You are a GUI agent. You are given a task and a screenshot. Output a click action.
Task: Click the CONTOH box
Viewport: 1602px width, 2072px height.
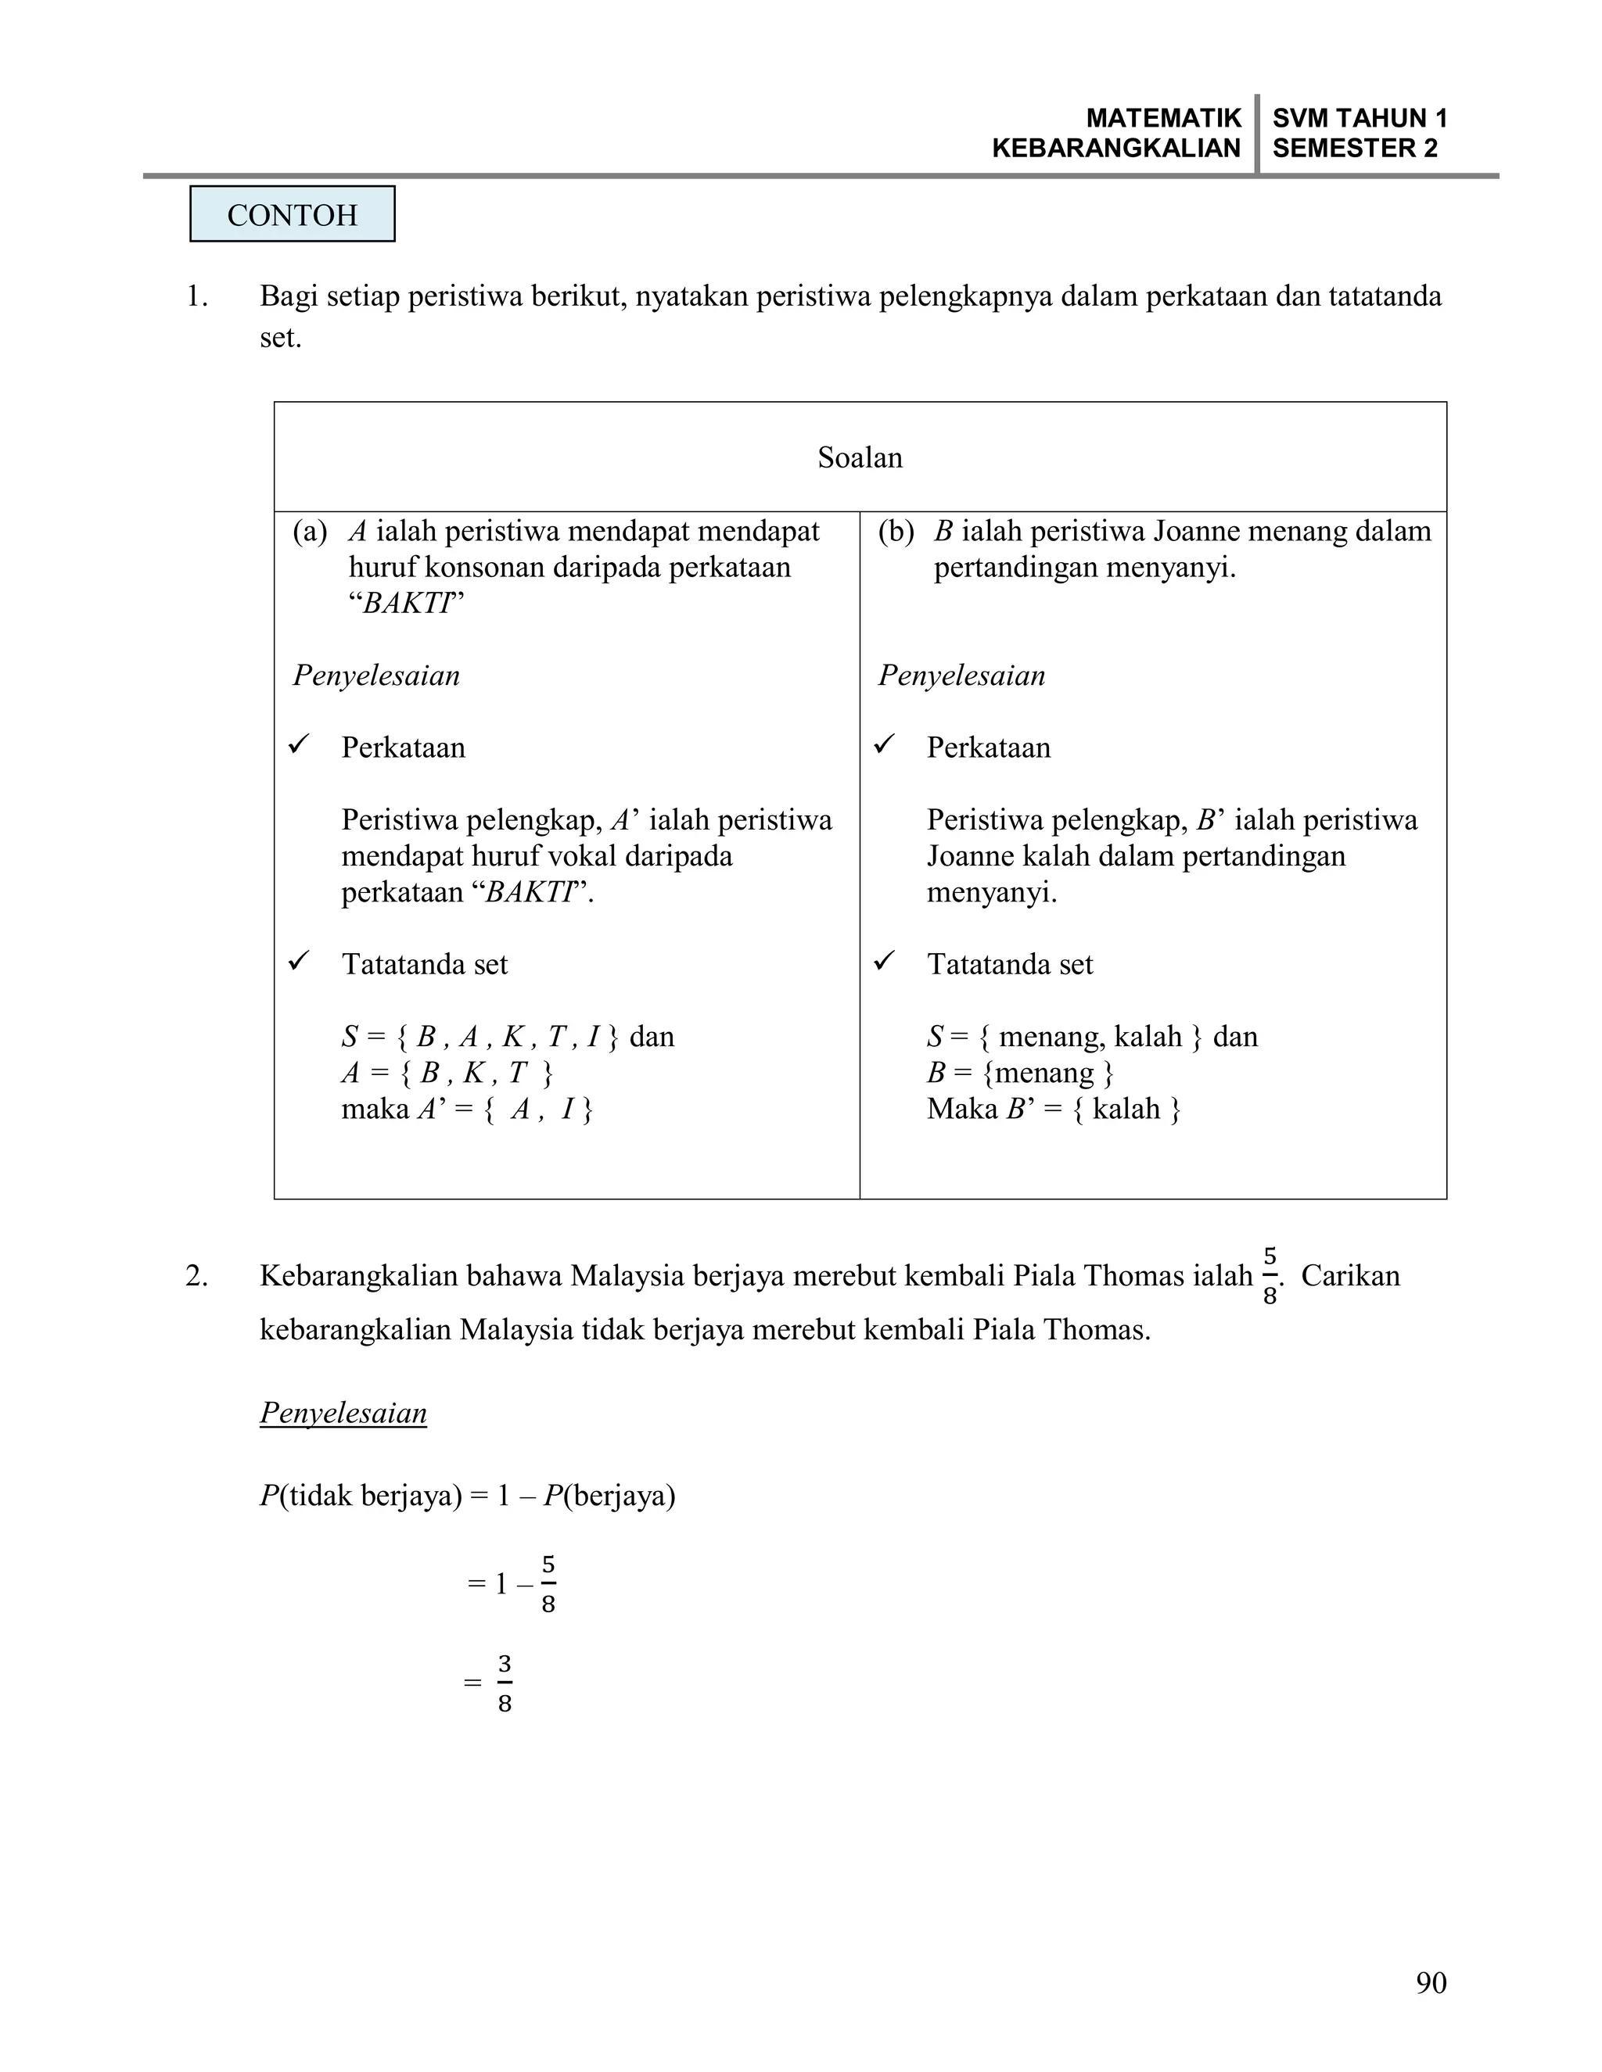point(293,214)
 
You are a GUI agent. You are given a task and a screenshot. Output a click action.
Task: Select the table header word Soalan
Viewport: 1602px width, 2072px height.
point(860,458)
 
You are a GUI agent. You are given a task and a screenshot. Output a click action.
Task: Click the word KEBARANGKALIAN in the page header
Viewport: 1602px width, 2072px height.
point(1116,148)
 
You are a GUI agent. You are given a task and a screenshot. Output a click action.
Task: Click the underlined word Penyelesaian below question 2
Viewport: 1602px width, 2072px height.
point(343,1414)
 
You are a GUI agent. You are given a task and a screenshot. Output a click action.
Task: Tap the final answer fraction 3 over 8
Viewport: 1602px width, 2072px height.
point(504,1684)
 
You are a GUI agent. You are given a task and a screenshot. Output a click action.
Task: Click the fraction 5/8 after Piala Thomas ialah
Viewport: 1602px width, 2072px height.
point(1270,1276)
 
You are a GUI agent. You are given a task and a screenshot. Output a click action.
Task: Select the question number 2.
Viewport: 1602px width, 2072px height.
point(196,1277)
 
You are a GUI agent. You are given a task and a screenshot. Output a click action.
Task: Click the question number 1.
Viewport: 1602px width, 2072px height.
point(196,297)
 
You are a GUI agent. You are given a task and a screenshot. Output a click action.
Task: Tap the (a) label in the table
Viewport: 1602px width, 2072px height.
point(310,531)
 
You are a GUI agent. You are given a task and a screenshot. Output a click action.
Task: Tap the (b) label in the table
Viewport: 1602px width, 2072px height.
point(895,531)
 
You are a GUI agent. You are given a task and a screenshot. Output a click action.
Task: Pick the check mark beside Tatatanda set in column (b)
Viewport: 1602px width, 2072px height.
point(885,962)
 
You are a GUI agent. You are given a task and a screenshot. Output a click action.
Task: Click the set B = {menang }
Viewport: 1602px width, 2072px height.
point(1019,1073)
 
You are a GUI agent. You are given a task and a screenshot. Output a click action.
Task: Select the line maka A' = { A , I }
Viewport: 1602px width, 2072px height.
point(467,1109)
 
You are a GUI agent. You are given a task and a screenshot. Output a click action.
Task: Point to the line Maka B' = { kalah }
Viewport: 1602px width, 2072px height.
point(1054,1109)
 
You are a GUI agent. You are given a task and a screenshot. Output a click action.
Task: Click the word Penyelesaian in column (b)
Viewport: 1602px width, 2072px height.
point(961,676)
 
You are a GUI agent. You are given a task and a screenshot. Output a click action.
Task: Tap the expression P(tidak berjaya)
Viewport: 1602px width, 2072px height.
point(360,1496)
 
